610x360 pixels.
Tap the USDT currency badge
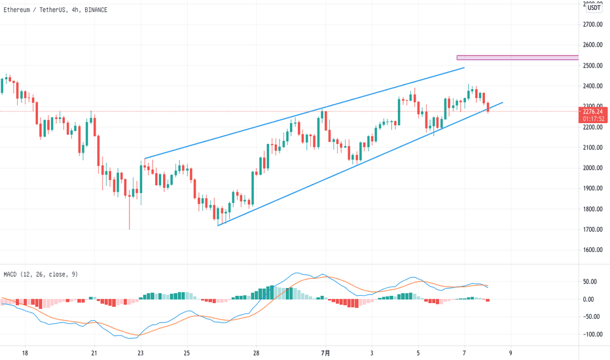pos(594,7)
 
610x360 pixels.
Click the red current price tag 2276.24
pos(594,111)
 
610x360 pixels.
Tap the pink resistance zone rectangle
pos(517,58)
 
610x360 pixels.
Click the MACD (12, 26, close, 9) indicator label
pos(41,274)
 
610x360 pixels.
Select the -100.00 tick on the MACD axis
pos(593,334)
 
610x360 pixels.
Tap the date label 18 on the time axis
pos(25,353)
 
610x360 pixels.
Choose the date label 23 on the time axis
pos(141,353)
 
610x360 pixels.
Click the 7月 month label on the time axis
pos(325,353)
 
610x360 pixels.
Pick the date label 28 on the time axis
pos(256,353)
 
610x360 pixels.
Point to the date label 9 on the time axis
pos(511,353)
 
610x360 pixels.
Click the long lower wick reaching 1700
pos(130,216)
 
